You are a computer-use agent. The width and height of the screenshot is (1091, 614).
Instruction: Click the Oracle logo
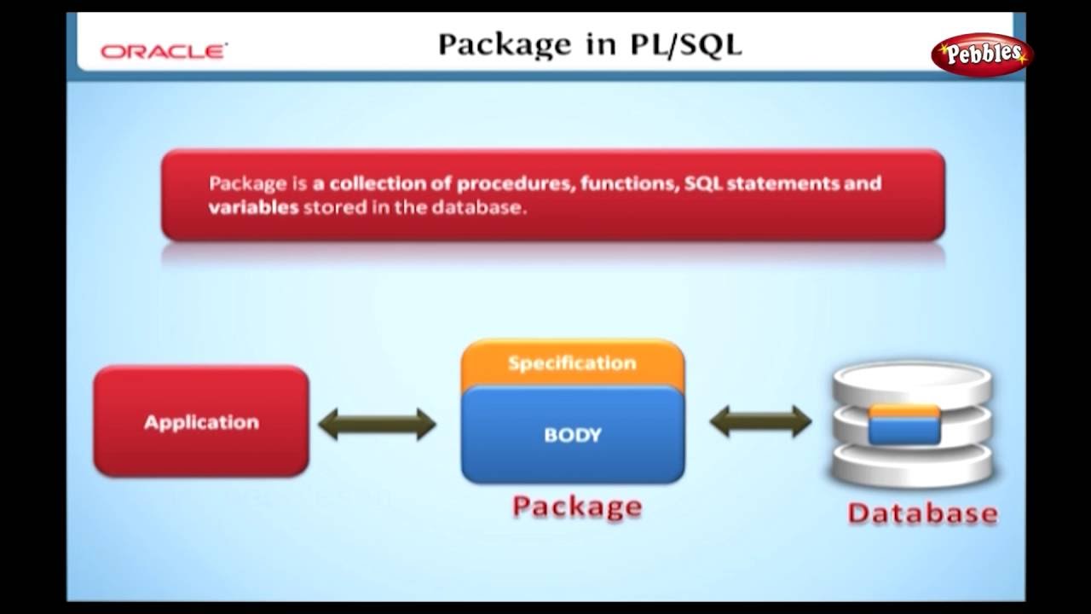tap(163, 51)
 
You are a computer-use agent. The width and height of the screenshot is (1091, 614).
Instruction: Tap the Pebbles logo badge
tap(981, 55)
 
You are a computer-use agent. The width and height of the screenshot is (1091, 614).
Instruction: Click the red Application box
tap(201, 422)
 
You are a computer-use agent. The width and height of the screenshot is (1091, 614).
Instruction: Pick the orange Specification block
tap(572, 363)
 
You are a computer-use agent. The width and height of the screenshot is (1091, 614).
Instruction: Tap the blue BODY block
tap(572, 436)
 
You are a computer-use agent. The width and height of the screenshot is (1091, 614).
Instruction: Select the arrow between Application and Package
tap(377, 423)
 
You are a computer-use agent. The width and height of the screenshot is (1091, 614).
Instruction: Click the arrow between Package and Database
tap(760, 421)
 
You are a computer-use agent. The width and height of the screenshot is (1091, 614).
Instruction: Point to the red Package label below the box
tap(576, 507)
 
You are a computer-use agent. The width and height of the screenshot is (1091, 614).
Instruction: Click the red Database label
tap(922, 513)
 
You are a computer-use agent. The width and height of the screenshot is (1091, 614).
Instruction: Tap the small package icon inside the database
tap(904, 424)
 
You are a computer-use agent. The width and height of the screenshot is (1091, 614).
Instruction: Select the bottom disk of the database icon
tap(913, 465)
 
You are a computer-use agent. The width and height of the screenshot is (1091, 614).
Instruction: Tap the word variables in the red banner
tap(253, 207)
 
